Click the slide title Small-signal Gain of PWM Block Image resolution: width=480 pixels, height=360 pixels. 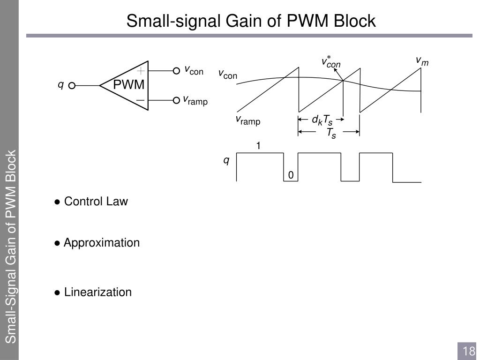251,21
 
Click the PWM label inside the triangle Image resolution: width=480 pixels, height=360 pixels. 129,85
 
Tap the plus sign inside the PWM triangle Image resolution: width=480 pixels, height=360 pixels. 141,71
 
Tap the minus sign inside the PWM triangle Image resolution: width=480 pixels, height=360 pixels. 140,100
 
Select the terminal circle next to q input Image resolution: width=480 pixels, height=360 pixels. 72,86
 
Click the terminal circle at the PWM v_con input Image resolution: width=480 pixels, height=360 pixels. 176,71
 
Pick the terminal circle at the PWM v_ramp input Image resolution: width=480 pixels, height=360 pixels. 176,100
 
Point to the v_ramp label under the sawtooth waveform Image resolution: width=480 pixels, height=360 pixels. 247,120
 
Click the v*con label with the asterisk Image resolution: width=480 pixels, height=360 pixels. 331,62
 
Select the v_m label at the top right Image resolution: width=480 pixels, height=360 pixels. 422,61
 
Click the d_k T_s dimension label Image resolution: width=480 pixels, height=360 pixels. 322,120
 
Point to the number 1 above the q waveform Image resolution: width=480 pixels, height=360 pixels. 258,146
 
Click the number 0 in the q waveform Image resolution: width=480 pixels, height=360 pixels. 291,175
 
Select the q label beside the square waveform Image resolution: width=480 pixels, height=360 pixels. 226,161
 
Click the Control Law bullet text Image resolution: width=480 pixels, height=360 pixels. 96,202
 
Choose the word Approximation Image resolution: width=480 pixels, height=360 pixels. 102,243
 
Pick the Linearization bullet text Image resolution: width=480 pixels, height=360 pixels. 97,292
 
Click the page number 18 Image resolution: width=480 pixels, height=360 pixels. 469,351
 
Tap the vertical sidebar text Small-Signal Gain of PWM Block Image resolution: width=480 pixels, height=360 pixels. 11,246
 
